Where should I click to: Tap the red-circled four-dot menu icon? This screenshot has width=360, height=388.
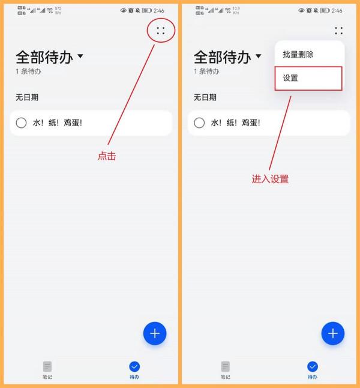160,31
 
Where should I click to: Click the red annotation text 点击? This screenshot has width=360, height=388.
107,156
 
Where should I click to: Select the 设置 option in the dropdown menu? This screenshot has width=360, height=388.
290,78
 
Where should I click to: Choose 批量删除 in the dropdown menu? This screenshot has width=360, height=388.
298,54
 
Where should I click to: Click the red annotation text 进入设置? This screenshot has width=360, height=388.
270,179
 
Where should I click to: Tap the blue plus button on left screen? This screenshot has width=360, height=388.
155,333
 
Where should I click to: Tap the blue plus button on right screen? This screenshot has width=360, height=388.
333,333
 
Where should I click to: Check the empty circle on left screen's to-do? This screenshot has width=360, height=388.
22,123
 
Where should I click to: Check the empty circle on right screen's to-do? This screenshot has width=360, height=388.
199,123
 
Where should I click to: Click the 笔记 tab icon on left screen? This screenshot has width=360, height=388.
47,366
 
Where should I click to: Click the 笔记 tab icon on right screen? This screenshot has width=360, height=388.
225,366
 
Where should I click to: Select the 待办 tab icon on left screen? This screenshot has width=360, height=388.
134,366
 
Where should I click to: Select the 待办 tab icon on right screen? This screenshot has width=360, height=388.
312,366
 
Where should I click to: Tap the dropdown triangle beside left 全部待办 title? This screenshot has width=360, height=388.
80,56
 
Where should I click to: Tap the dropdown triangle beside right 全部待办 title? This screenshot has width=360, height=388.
259,56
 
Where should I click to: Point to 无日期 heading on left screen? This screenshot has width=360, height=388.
27,97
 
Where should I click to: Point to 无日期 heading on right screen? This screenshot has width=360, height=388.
205,97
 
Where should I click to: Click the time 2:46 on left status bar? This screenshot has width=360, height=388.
159,10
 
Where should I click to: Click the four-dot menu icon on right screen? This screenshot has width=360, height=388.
338,31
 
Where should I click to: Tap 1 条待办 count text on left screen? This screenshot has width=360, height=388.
28,71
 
